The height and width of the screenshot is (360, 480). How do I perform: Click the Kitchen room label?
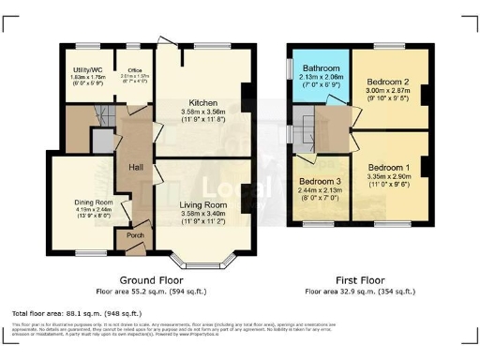pos(202,102)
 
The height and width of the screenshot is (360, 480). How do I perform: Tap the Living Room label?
pos(202,204)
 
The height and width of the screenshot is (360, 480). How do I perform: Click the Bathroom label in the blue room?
pos(320,67)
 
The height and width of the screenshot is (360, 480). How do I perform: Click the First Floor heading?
pos(360,280)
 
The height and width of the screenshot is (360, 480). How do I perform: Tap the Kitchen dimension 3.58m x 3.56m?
pos(202,112)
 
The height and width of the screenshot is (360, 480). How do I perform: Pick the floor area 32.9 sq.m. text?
pos(360,292)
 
